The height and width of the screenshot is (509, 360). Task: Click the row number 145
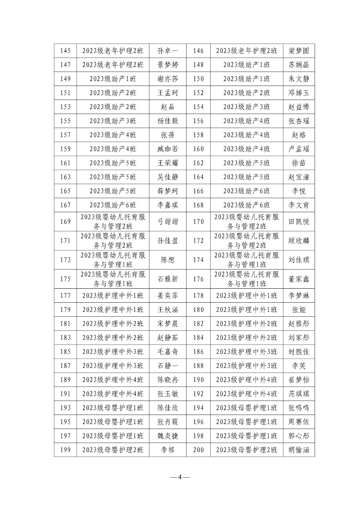pyautogui.click(x=65, y=51)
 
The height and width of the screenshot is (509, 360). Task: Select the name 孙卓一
pyautogui.click(x=167, y=51)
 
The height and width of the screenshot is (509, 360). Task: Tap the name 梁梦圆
pyautogui.click(x=299, y=51)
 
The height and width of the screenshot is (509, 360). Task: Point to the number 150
pyautogui.click(x=198, y=79)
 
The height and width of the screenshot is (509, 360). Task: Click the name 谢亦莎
pyautogui.click(x=167, y=79)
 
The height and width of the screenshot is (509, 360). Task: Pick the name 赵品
pyautogui.click(x=167, y=107)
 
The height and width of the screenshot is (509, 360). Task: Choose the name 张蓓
pyautogui.click(x=167, y=135)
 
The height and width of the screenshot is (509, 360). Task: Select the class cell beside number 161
pyautogui.click(x=113, y=163)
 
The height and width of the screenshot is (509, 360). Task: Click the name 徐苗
pyautogui.click(x=299, y=163)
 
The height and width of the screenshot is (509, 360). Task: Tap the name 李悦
pyautogui.click(x=299, y=191)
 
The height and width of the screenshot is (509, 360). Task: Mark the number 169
pyautogui.click(x=65, y=222)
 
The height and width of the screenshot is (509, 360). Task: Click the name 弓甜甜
pyautogui.click(x=167, y=222)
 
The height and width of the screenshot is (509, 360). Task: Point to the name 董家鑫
pyautogui.click(x=299, y=279)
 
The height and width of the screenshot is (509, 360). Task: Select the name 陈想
pyautogui.click(x=167, y=260)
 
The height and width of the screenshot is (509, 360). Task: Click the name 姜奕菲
pyautogui.click(x=167, y=296)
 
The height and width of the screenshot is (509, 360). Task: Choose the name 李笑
pyautogui.click(x=299, y=366)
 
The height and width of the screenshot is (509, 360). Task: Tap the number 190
pyautogui.click(x=198, y=380)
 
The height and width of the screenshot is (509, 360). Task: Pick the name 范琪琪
pyautogui.click(x=299, y=394)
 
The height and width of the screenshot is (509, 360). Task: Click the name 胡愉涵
pyautogui.click(x=299, y=450)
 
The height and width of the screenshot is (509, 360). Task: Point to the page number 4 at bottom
pyautogui.click(x=180, y=477)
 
